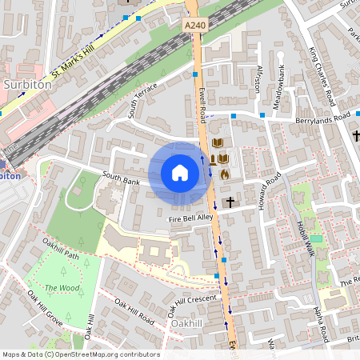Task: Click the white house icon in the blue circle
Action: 180,173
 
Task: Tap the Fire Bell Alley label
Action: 190,217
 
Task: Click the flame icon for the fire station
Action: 224,173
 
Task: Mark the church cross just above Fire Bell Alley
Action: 230,202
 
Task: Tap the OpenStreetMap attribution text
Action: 81,354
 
